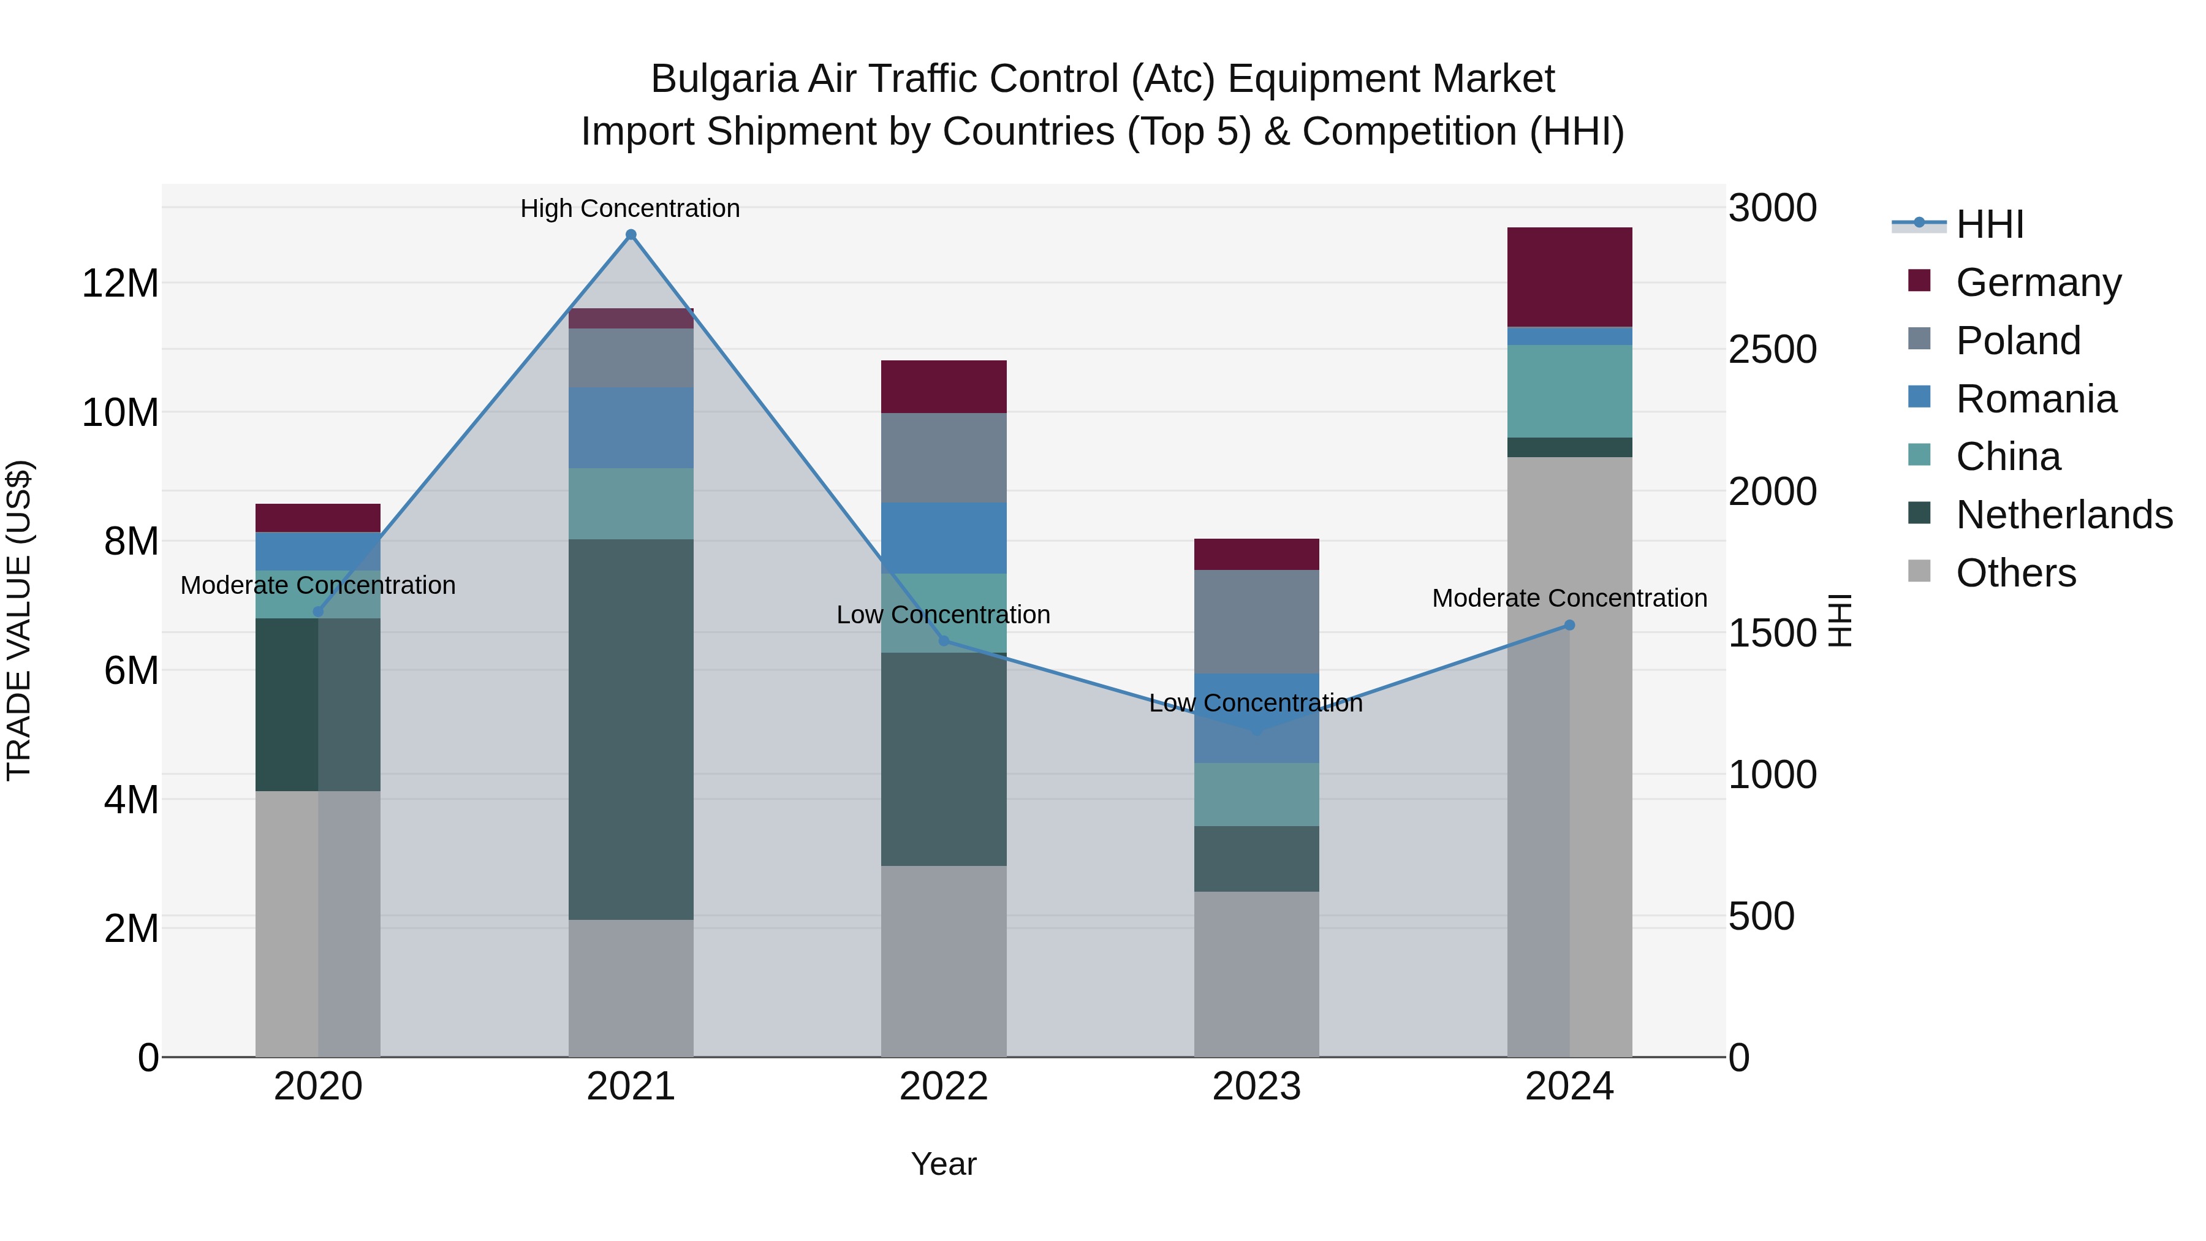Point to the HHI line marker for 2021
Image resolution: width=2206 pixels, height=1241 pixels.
631,235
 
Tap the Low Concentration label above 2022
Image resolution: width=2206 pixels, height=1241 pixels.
943,614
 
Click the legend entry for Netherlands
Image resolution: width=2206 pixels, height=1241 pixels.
2064,515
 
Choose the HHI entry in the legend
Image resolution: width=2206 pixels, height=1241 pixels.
1989,224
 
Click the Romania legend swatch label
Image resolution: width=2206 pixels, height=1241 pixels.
2036,399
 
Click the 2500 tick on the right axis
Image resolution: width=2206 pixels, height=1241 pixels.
1772,349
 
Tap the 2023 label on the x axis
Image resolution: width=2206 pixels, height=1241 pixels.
1256,1087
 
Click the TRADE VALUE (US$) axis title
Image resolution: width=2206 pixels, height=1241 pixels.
19,620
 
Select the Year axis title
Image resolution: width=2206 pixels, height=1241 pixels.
943,1164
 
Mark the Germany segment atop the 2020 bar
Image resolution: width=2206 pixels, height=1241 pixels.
317,517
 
